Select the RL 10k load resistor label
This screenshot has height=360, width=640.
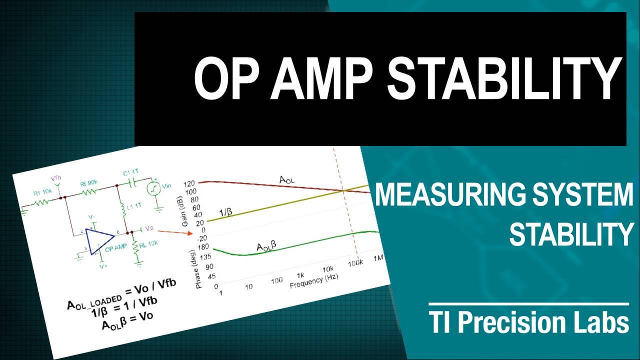coord(149,243)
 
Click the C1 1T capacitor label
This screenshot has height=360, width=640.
coord(131,173)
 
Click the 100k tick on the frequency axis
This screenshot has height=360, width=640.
coord(355,262)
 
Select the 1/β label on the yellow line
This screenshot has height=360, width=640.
coord(226,213)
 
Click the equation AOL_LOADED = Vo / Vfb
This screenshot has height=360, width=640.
coord(122,295)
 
